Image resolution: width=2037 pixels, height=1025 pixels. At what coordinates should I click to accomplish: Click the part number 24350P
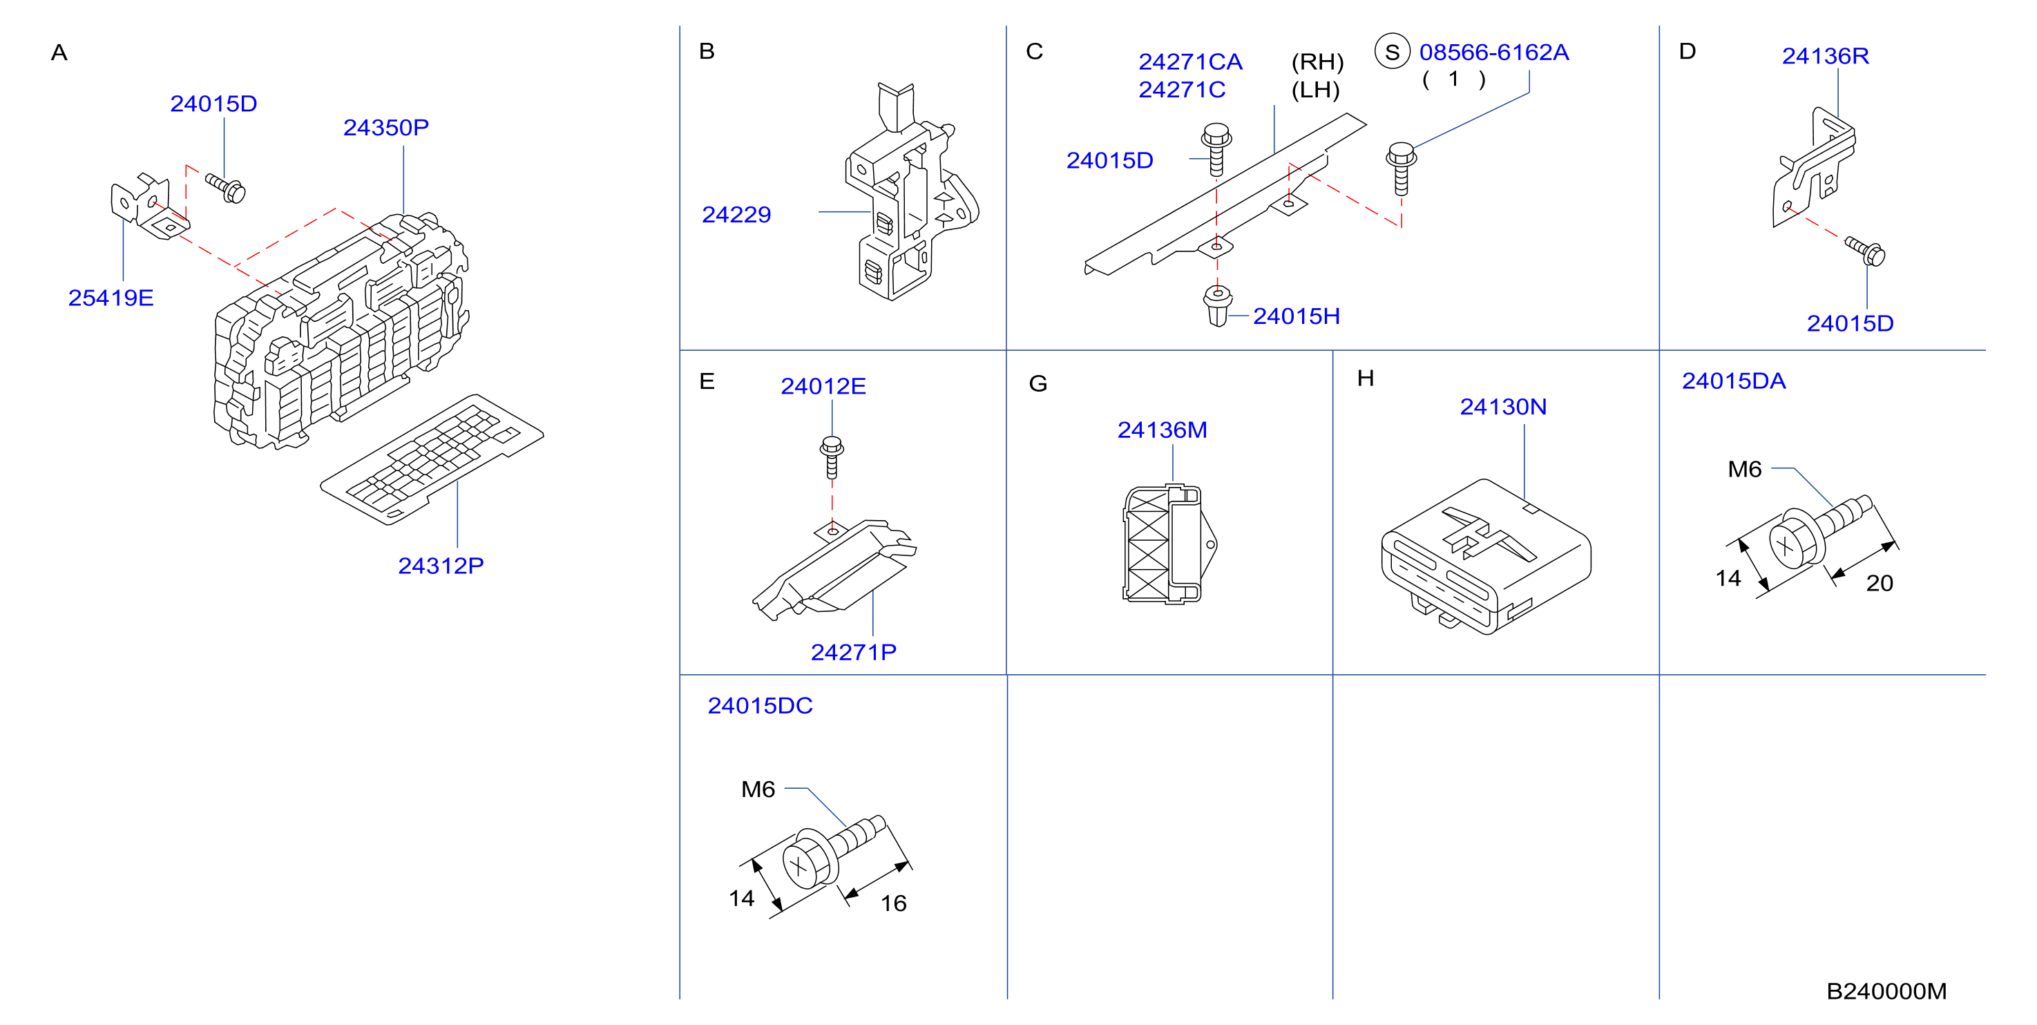386,127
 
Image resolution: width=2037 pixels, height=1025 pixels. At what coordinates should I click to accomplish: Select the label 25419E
111,298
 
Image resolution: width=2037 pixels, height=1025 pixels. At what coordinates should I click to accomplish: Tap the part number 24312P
441,566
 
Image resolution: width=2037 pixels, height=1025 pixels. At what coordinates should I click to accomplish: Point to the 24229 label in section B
736,214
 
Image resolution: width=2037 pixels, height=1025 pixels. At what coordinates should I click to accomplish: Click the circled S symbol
1393,52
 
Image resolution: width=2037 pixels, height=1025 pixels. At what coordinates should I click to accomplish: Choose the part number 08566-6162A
1494,52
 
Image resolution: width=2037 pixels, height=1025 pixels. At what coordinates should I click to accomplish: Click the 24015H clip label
1296,316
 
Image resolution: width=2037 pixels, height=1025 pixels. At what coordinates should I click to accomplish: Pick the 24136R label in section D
1825,56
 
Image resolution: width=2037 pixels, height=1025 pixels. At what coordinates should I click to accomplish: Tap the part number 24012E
823,386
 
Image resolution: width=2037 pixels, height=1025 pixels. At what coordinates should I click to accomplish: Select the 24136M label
1162,430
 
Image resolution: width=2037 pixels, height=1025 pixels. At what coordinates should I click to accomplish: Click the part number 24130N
1502,407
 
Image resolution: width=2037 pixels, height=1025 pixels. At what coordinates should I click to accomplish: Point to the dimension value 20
1879,584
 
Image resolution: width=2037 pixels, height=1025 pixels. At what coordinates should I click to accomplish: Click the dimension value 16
894,903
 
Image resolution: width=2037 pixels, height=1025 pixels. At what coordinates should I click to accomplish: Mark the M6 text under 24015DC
758,789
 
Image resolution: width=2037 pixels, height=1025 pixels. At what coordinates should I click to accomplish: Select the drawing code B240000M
1886,991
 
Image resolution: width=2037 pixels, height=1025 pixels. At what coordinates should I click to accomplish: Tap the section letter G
1037,383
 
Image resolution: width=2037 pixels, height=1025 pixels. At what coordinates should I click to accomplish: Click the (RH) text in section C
1317,61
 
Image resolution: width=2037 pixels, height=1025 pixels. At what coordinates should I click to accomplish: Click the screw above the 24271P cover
831,458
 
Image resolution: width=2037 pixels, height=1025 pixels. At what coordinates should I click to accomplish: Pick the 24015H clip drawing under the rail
1218,305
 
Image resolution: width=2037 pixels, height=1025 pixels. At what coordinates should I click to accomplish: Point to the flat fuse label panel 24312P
432,459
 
